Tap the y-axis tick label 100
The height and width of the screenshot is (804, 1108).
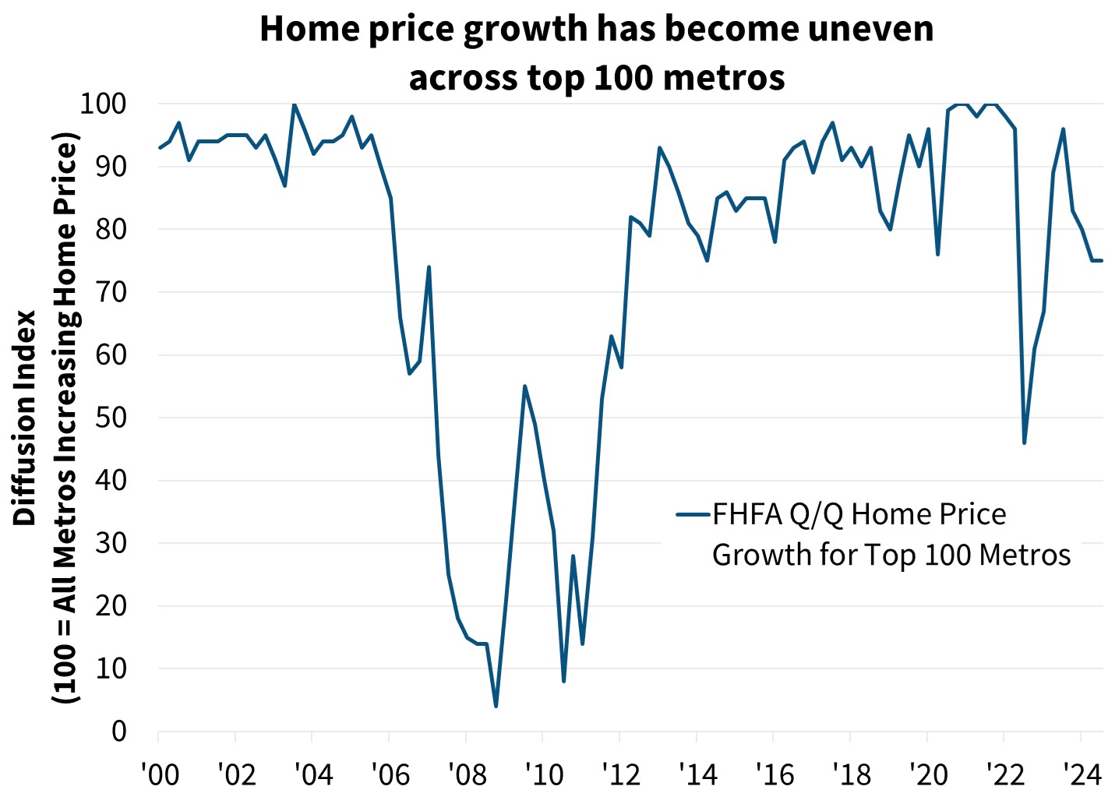point(103,103)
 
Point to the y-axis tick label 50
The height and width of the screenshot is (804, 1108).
point(111,418)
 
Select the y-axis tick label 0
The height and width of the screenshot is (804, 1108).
point(118,732)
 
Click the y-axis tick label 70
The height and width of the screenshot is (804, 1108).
point(111,292)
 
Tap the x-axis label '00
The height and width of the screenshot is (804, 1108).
point(160,774)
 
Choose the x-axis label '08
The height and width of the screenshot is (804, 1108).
point(468,774)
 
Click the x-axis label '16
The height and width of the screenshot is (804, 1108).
point(775,774)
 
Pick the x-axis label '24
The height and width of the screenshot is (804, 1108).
point(1082,774)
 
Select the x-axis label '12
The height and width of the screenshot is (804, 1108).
point(621,774)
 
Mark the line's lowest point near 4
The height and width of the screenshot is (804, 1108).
point(496,706)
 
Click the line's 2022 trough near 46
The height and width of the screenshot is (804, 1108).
point(1024,443)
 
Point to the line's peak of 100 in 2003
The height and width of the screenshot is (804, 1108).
point(294,104)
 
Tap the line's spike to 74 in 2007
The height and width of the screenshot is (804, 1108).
point(429,267)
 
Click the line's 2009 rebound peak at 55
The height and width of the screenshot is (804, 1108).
point(524,386)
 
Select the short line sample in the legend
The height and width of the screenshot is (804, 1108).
point(693,514)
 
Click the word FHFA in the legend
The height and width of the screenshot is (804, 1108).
point(746,514)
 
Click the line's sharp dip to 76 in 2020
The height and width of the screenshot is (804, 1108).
point(937,254)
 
